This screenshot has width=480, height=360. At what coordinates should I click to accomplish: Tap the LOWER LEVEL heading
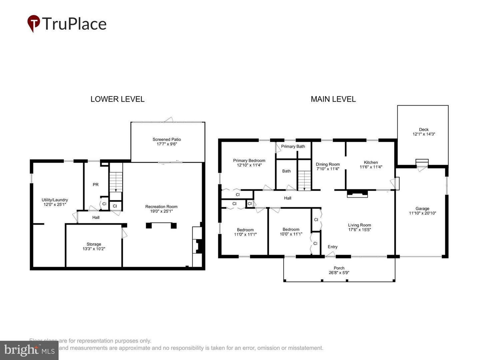point(117,99)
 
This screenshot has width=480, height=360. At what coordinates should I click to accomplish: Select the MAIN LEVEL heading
point(333,99)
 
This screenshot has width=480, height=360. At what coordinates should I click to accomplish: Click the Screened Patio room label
point(167,139)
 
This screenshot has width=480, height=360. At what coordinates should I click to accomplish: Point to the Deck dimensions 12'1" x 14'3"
point(424,134)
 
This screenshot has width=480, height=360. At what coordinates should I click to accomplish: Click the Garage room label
point(422,208)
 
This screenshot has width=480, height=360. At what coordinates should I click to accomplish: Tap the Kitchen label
point(371,162)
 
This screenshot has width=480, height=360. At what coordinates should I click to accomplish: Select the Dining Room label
point(328,164)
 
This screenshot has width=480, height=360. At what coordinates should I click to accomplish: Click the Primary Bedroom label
point(249,160)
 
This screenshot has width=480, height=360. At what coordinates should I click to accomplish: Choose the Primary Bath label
point(293,146)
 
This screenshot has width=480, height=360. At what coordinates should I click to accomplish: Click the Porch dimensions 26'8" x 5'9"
point(339,273)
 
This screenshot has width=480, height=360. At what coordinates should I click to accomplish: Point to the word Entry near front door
point(332,247)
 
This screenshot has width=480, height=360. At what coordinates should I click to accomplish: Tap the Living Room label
point(359,225)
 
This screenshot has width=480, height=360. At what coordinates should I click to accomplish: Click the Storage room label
point(94,244)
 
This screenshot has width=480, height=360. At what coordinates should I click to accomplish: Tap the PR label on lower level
point(96,184)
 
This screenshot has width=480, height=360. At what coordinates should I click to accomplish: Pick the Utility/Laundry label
point(55,200)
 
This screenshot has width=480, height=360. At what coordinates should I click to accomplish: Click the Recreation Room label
point(161,206)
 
